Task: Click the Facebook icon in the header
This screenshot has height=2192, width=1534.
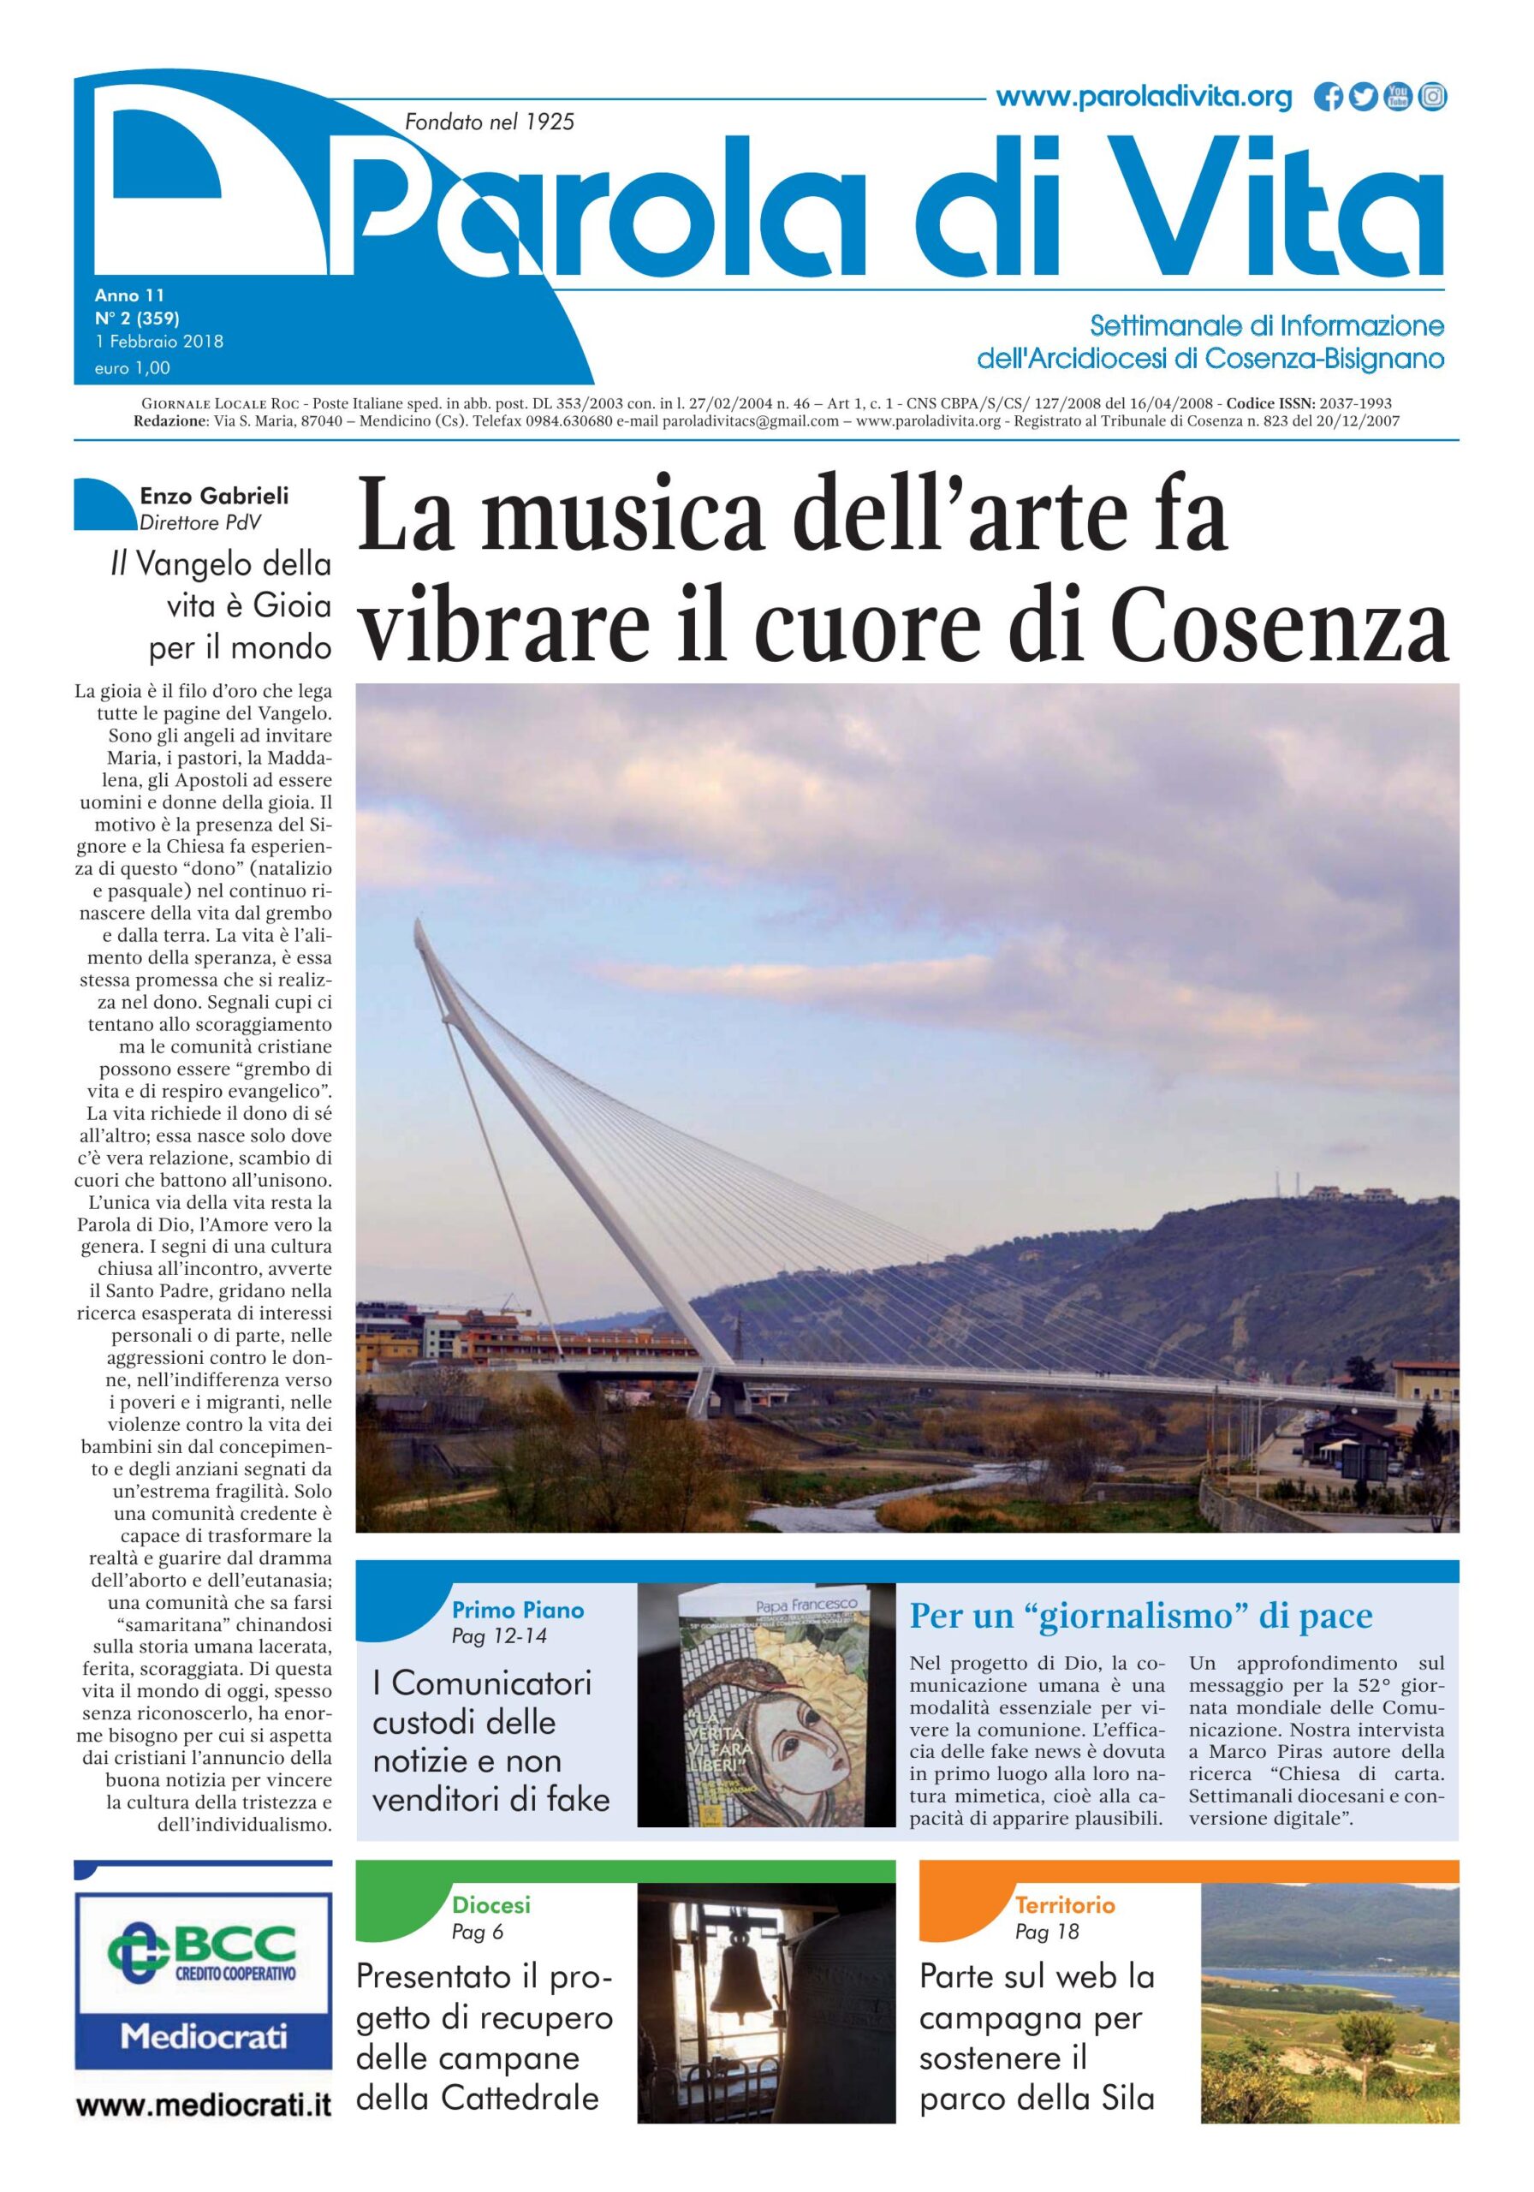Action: tap(1327, 98)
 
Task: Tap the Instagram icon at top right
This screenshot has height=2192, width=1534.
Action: tap(1432, 98)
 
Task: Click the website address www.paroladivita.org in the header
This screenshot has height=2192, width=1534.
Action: tap(1143, 98)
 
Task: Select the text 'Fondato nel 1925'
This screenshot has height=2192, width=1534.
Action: tap(490, 122)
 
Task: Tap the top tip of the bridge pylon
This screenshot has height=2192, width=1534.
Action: tap(417, 920)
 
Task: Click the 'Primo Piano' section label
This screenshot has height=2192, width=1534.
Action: tap(517, 1610)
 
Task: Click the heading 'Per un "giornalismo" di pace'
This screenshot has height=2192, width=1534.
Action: tap(1141, 1616)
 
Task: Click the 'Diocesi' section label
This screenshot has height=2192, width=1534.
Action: tap(491, 1906)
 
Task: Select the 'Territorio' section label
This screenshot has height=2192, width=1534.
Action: tap(1064, 1906)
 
